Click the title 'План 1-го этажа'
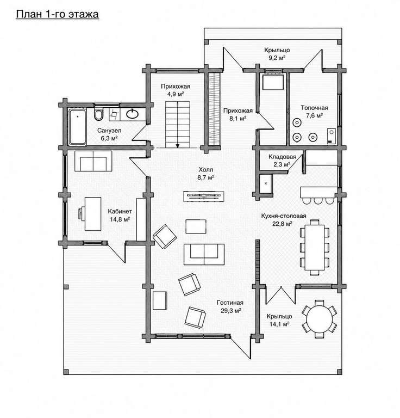tap(57, 14)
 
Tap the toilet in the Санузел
tap(98, 114)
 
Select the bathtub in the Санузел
tap(77, 127)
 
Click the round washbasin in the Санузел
tap(132, 114)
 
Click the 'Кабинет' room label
tap(120, 211)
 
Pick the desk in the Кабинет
tap(92, 214)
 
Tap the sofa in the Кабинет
tap(93, 161)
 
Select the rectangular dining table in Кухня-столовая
tap(315, 247)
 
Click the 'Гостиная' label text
tap(230, 303)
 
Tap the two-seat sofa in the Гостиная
tap(204, 254)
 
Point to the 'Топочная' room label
tap(314, 108)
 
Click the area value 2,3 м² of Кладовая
tap(282, 164)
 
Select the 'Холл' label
tap(206, 170)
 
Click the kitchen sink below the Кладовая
tap(266, 183)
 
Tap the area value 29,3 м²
tap(231, 311)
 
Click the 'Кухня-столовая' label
tap(284, 216)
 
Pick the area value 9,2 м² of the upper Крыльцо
tap(277, 58)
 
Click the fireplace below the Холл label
tap(204, 196)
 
